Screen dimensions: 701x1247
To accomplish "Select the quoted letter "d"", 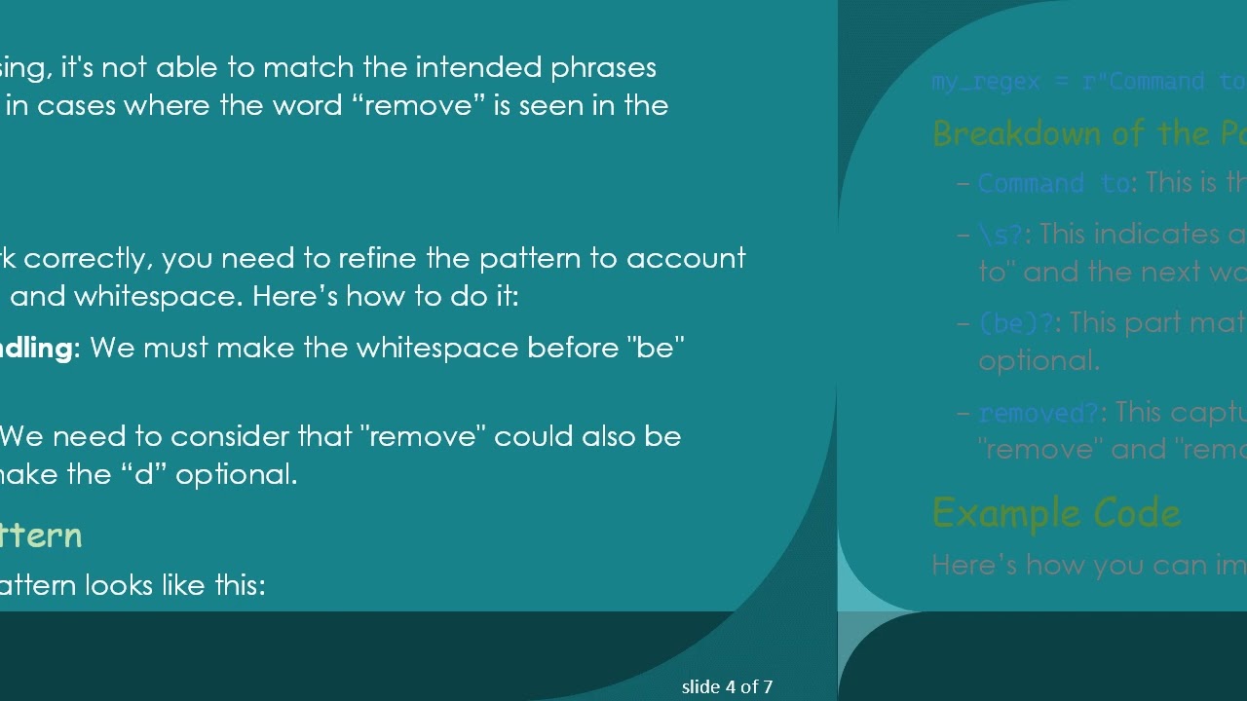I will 144,475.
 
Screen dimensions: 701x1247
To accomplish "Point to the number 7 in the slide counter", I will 768,687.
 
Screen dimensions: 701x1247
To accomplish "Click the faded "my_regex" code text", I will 985,82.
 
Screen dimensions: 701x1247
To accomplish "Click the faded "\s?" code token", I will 1001,235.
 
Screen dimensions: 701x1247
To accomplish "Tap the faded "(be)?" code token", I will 1016,323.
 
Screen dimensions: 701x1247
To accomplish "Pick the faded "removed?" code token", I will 1038,413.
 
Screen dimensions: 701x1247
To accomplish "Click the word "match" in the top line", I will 301,67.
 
